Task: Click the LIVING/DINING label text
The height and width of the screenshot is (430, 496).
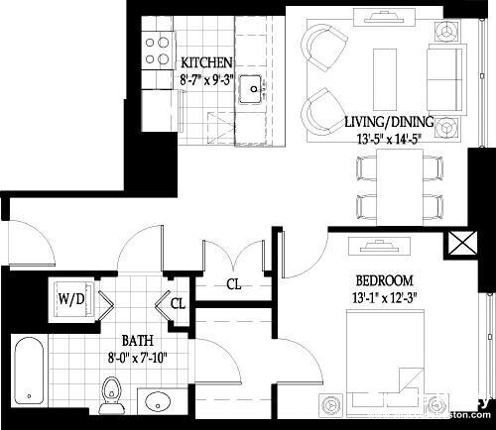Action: coord(389,122)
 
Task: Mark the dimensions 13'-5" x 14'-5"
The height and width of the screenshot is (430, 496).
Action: coord(389,140)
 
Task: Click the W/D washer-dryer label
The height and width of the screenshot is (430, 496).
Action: coord(70,296)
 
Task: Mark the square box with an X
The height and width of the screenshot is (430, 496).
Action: coord(461,244)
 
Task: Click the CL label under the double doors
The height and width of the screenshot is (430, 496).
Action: coord(234,284)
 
